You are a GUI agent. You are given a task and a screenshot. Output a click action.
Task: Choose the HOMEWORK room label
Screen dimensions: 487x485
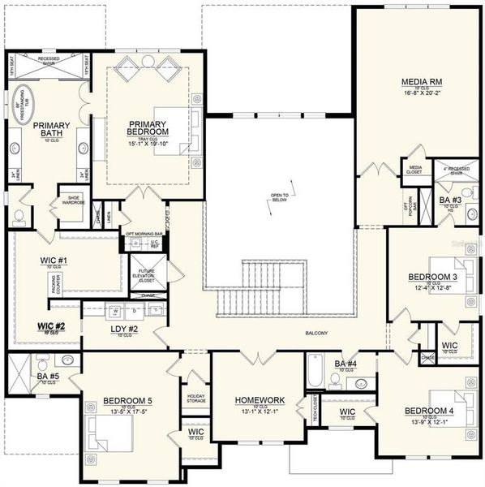[x=260, y=400]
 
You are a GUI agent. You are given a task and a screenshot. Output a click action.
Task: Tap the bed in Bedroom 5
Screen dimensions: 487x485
[x=106, y=439]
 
